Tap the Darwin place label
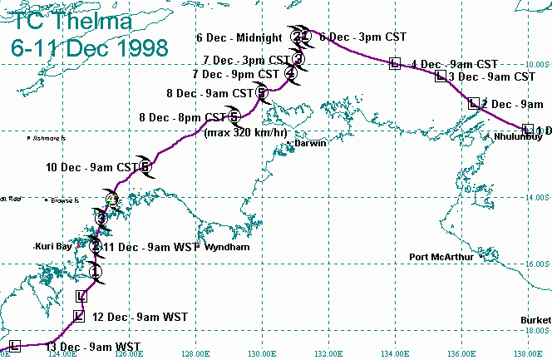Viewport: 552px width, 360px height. pyautogui.click(x=310, y=143)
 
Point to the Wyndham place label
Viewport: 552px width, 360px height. pyautogui.click(x=227, y=248)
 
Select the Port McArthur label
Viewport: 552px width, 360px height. pyautogui.click(x=442, y=256)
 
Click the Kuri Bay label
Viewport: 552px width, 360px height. pyautogui.click(x=55, y=246)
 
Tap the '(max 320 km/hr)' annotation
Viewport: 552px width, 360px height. pyautogui.click(x=246, y=132)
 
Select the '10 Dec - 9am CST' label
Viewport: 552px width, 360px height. pyautogui.click(x=91, y=167)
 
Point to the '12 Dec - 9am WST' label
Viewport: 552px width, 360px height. pyautogui.click(x=139, y=317)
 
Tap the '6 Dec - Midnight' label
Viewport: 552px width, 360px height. pyautogui.click(x=242, y=37)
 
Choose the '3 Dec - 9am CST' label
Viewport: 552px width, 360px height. pyautogui.click(x=491, y=76)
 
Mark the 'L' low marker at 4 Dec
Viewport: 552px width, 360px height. pyautogui.click(x=395, y=63)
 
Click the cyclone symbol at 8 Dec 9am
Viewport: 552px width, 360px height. pyautogui.click(x=262, y=92)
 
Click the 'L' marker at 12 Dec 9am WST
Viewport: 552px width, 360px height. pyautogui.click(x=79, y=315)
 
